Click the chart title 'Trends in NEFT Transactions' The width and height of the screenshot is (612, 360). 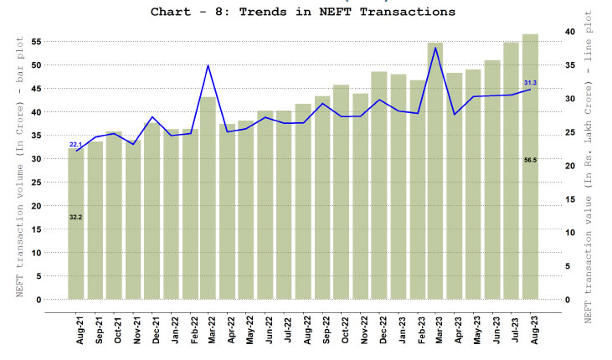(x=303, y=13)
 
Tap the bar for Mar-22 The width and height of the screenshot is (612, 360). (x=208, y=201)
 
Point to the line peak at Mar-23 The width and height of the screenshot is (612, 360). (x=435, y=48)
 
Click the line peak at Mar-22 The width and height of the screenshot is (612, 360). (x=208, y=65)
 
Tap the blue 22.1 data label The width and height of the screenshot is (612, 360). (x=75, y=145)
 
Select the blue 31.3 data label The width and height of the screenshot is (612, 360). (x=530, y=83)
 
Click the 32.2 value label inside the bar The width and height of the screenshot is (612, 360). (x=75, y=217)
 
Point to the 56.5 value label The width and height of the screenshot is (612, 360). (x=530, y=159)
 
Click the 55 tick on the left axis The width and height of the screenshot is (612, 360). (x=36, y=42)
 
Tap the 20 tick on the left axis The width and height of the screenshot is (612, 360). (x=36, y=206)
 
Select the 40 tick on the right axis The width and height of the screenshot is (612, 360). (x=570, y=32)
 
